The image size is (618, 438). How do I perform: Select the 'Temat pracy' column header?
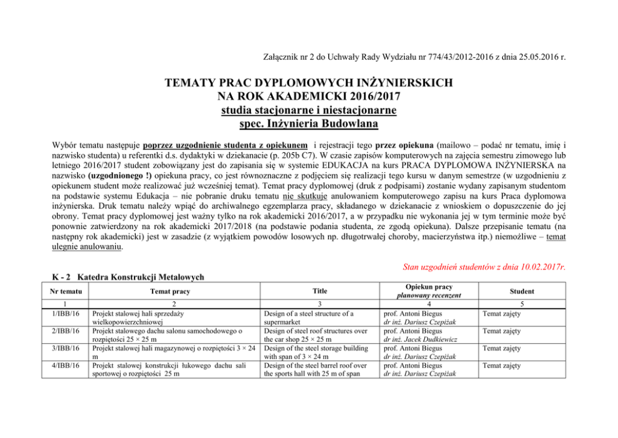click(x=173, y=291)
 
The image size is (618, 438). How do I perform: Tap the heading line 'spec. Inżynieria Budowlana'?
click(x=309, y=124)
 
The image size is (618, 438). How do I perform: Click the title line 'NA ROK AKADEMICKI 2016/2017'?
click(x=309, y=97)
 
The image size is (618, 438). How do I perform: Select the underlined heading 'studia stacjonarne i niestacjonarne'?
click(x=309, y=110)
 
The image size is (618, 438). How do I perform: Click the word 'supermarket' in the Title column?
click(x=285, y=323)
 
